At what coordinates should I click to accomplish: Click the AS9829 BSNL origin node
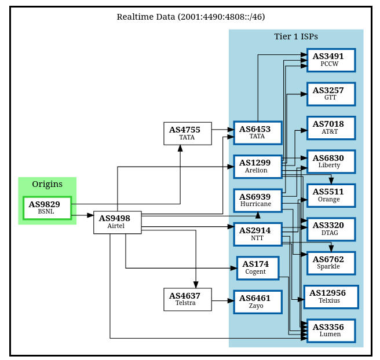47,208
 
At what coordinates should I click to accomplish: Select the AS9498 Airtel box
118,222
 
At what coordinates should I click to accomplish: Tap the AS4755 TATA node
188,134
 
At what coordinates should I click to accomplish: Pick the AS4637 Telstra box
188,299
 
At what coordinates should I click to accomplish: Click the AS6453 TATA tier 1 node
258,133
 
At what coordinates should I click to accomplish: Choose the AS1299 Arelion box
258,167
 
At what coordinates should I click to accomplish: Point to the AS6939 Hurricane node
258,201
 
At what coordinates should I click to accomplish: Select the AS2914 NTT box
258,234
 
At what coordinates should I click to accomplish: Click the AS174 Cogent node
258,268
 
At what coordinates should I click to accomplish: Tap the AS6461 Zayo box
258,302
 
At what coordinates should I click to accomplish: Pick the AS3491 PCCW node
331,60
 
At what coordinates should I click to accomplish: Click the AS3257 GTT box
331,94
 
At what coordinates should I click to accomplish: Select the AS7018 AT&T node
331,128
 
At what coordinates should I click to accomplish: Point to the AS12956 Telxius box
331,297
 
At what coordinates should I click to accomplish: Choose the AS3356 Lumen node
331,330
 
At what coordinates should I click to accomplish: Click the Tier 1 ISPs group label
296,36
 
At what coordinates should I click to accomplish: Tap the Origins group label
47,184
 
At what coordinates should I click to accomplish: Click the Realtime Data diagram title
191,17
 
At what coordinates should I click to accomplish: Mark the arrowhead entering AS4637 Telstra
196,285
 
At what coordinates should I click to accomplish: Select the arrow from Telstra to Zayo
223,301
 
